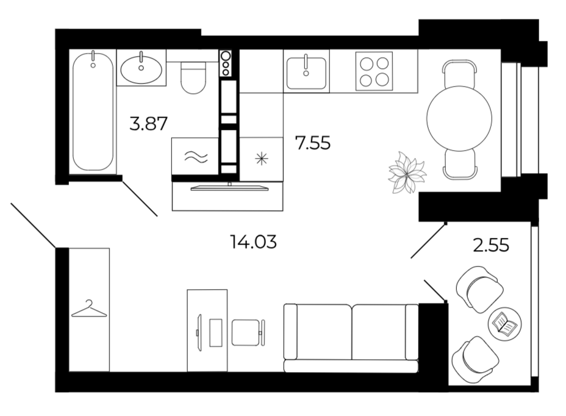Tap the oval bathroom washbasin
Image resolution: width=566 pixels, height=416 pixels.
click(x=141, y=68)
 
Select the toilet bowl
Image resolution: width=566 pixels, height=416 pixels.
click(x=193, y=77)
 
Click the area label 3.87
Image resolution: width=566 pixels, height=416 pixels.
click(x=148, y=123)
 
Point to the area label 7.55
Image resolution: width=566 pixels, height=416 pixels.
click(x=313, y=143)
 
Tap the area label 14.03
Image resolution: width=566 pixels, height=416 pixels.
click(x=253, y=242)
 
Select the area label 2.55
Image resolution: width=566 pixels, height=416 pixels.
click(x=491, y=245)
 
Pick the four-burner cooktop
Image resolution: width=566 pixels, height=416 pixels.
click(x=374, y=71)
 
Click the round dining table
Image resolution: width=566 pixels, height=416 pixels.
click(x=459, y=118)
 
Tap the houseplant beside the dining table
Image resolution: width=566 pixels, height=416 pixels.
click(x=407, y=172)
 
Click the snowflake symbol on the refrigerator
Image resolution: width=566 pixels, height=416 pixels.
click(x=261, y=159)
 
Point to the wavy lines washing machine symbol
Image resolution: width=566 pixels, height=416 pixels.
click(x=196, y=156)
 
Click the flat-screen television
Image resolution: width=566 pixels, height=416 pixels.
click(x=229, y=187)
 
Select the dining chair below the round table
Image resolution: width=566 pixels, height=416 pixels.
click(x=460, y=164)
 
